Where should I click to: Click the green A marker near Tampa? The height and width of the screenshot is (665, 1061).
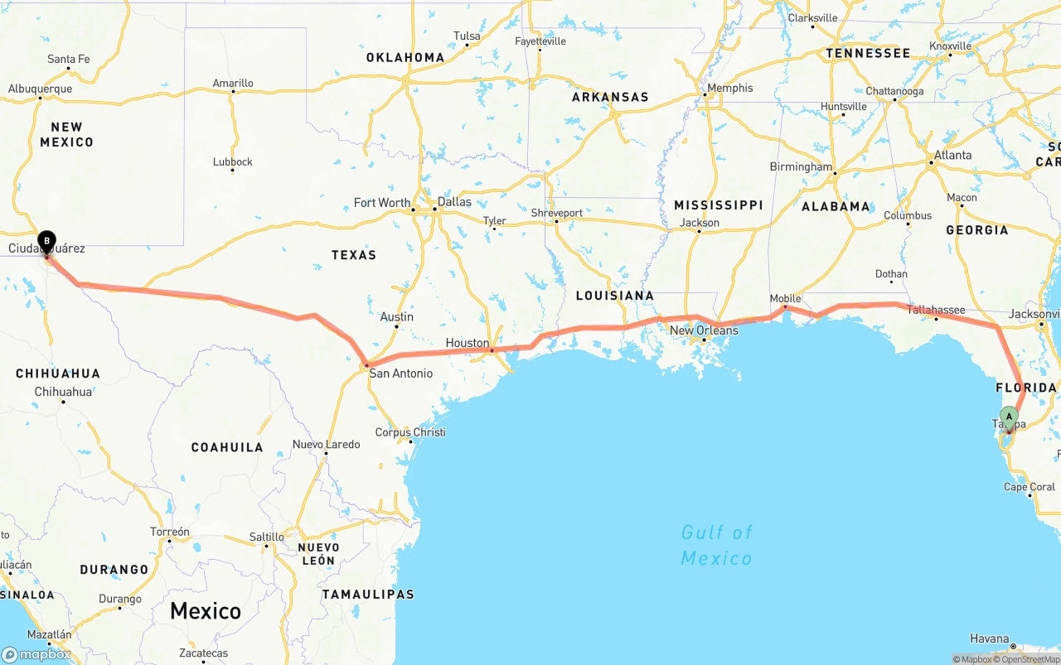coord(1009,417)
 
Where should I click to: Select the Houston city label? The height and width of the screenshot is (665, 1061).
coord(468,343)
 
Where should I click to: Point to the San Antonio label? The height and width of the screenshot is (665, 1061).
coord(401,373)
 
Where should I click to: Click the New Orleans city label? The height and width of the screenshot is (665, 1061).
coord(704,330)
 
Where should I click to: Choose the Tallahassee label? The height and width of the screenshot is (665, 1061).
coord(936,310)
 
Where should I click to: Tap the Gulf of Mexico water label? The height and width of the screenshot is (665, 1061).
coord(717,545)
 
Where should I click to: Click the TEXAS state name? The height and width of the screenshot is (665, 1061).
coord(354,255)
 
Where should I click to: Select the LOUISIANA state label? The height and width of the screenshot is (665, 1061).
coord(615,296)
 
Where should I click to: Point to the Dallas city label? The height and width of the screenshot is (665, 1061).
coord(454,201)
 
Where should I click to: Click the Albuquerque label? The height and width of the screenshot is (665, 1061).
coord(40,89)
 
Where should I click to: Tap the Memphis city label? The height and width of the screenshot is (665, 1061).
coord(729,88)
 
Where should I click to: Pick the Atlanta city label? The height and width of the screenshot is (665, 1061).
coord(952,155)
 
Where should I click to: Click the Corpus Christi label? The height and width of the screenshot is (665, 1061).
coord(410,432)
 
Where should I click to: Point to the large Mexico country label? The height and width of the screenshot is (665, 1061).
coord(206,611)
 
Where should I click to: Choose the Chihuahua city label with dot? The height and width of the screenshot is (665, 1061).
coord(63,392)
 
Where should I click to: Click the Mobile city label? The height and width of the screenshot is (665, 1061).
coord(785,298)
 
